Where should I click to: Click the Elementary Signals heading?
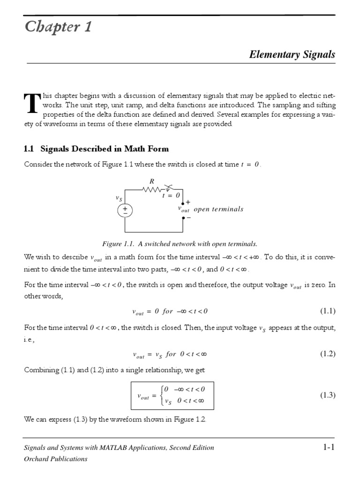click(292, 54)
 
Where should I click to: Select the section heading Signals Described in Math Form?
click(96, 149)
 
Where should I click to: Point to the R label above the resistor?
click(151, 181)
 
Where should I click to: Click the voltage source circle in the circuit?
click(125, 210)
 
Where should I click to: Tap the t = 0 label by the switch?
click(171, 195)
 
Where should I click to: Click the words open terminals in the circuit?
click(218, 209)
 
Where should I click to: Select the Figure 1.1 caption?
click(180, 244)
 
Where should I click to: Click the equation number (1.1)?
click(328, 311)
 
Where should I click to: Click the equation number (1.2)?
click(328, 354)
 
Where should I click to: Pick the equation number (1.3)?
click(328, 396)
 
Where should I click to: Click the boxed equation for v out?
click(172, 396)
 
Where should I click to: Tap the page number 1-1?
click(329, 447)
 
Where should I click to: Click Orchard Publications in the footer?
click(55, 459)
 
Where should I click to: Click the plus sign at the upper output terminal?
click(188, 202)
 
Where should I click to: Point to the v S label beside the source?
click(120, 198)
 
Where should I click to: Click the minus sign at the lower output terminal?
click(188, 217)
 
